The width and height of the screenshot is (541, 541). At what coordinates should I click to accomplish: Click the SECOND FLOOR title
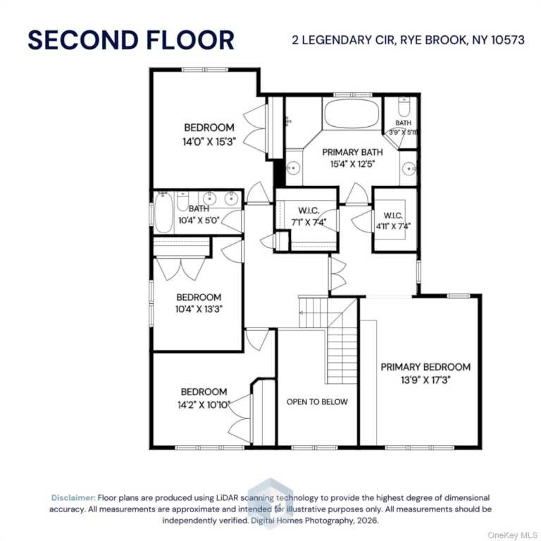point(131,40)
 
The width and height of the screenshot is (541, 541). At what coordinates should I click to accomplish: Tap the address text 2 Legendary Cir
point(343,40)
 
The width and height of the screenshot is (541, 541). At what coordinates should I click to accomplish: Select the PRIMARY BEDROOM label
point(425,367)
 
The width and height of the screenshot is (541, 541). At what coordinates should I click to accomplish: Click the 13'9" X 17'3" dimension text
point(425,380)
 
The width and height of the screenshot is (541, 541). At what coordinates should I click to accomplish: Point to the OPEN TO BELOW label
point(317,402)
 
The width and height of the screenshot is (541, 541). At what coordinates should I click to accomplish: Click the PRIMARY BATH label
point(352,152)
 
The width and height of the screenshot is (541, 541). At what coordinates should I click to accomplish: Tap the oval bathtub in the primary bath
point(352,114)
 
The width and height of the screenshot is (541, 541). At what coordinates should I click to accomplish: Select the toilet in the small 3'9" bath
point(404,107)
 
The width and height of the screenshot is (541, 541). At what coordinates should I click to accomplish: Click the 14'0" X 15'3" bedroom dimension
point(209,142)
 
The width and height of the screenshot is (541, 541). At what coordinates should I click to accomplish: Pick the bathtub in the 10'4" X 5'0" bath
point(163,213)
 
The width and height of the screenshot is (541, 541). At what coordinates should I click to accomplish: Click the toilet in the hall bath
point(182,201)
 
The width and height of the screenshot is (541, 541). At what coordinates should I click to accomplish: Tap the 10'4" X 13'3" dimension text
point(199,309)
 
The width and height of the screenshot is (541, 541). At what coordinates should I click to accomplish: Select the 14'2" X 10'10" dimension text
point(204,405)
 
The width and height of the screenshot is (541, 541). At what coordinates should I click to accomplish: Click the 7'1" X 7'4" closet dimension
point(309,222)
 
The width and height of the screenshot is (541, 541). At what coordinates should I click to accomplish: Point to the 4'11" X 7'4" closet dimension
point(393,226)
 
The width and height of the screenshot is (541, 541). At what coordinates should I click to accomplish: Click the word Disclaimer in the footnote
point(73,498)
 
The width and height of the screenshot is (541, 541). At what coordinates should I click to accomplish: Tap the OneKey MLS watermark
point(512,535)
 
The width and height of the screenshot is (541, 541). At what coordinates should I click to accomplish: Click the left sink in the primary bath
point(293,168)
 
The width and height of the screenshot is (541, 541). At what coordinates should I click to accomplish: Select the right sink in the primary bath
point(409,169)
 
